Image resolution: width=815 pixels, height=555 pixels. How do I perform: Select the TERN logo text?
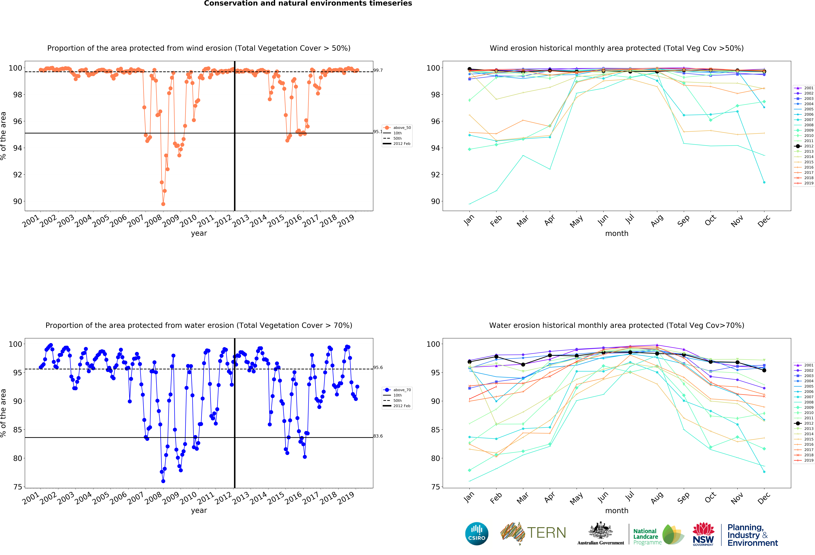[x=546, y=533]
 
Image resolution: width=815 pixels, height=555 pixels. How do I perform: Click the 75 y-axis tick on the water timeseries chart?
[x=18, y=487]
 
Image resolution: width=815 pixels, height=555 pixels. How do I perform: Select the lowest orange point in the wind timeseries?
[x=163, y=204]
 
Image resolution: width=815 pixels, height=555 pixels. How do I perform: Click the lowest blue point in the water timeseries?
[x=163, y=481]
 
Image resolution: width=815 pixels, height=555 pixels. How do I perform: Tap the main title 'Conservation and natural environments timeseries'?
[x=308, y=3]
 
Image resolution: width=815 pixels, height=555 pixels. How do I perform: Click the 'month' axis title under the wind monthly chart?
[x=616, y=233]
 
